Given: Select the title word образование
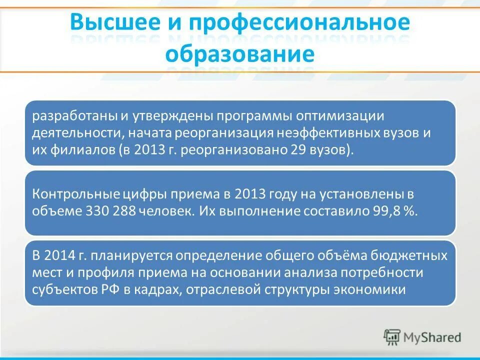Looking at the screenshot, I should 240,53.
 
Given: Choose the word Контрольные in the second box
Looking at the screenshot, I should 76,194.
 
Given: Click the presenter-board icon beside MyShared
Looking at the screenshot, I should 392,337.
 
